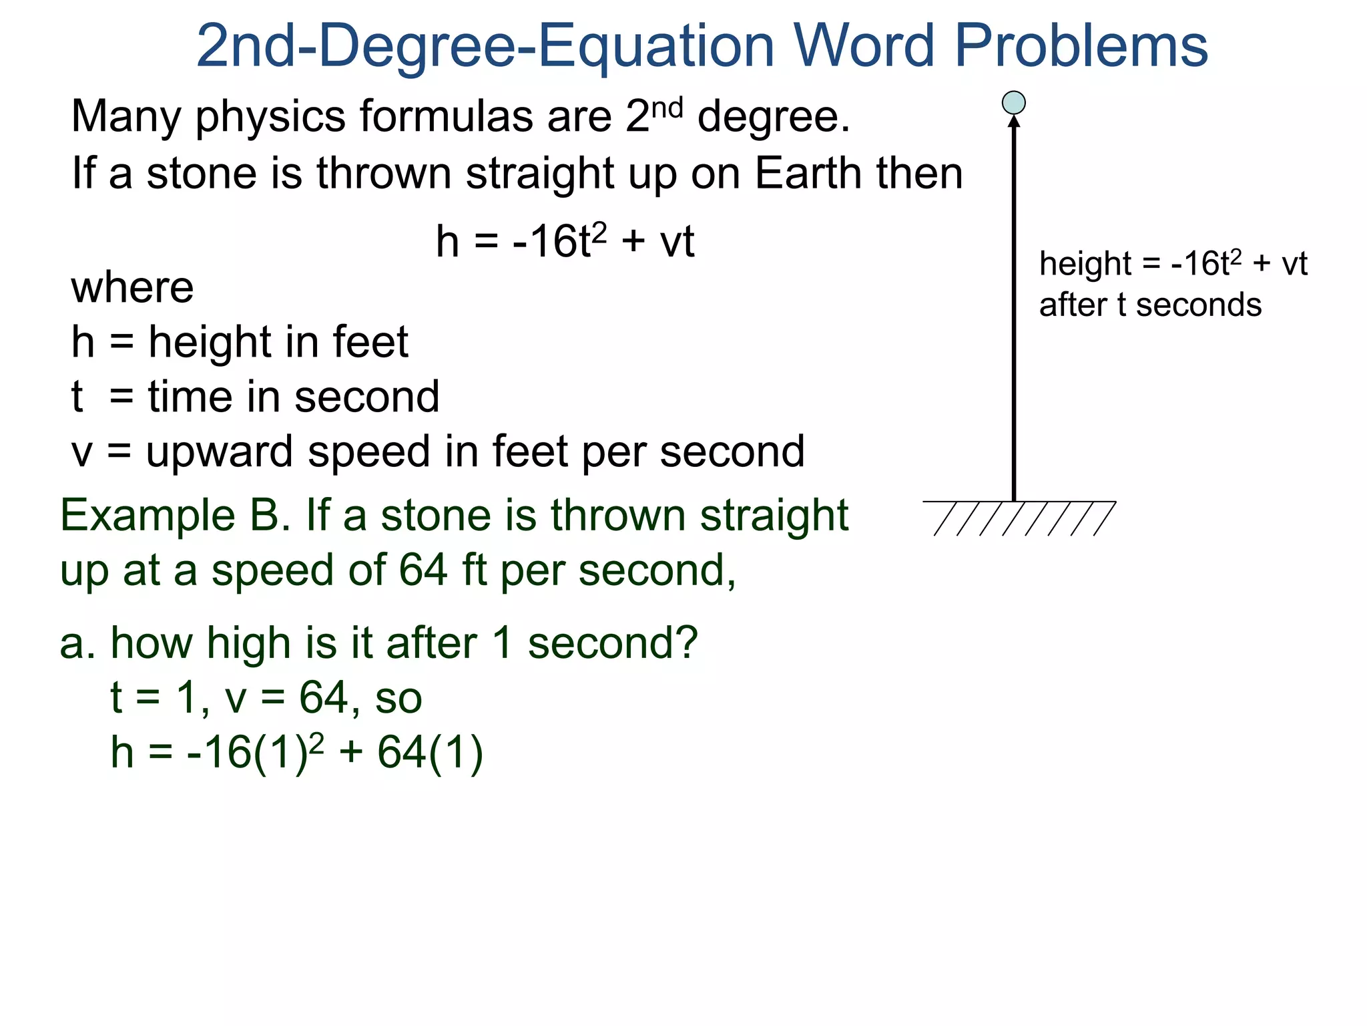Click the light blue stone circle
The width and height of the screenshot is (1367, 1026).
1013,103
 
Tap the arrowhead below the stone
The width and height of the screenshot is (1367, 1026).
1014,122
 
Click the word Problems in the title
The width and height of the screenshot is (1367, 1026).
1081,47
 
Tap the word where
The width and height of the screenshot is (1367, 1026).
132,288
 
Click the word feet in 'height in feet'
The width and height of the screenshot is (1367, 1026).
370,342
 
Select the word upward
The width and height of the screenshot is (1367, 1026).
219,453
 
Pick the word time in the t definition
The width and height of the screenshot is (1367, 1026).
191,397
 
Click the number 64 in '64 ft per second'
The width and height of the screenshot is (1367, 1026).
423,570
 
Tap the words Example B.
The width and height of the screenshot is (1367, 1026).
175,516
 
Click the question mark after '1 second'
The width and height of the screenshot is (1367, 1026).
683,643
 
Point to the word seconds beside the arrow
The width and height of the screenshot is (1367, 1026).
1198,305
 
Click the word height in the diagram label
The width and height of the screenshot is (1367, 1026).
1085,265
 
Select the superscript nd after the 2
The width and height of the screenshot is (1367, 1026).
667,108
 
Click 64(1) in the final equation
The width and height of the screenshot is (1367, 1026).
430,753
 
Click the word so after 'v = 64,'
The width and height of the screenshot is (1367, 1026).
398,699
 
